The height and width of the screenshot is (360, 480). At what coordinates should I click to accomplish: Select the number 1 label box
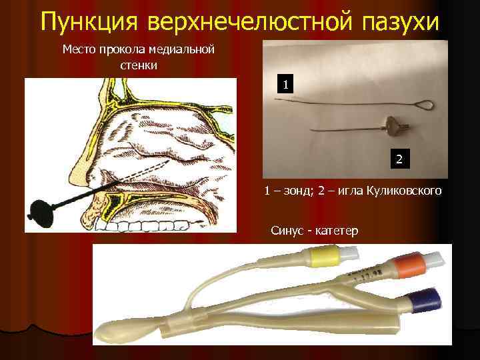[x=285, y=85]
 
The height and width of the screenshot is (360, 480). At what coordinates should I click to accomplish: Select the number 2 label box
[x=399, y=159]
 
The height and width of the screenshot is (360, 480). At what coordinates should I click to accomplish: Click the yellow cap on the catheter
[x=319, y=255]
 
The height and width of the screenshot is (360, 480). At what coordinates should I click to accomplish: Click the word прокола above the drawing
[x=123, y=50]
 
